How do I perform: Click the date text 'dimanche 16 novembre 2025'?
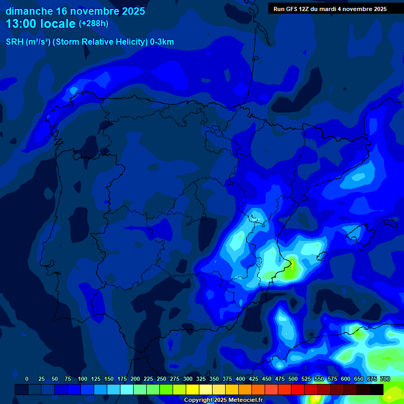75,11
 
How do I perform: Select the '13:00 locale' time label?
41,24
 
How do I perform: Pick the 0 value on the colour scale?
27,379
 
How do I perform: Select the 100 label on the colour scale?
83,379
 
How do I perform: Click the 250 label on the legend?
161,379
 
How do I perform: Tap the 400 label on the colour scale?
240,379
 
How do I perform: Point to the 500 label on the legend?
293,379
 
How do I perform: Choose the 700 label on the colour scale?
385,379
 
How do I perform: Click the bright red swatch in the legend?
298,389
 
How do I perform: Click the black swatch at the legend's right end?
377,389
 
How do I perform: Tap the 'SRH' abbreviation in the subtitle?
14,42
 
